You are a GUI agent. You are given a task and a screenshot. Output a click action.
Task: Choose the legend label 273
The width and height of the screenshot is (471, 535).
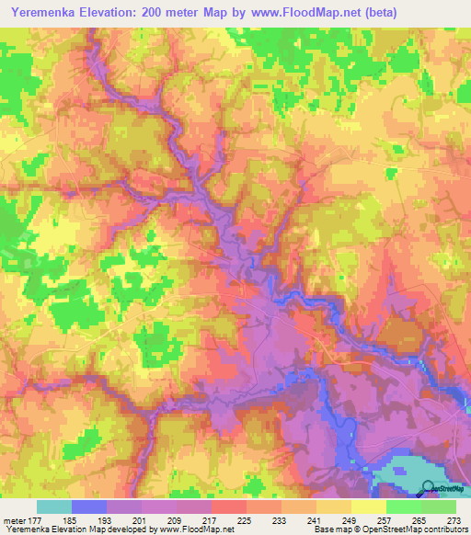click(x=451, y=520)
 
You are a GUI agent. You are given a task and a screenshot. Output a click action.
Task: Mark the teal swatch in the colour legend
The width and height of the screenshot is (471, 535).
click(x=53, y=507)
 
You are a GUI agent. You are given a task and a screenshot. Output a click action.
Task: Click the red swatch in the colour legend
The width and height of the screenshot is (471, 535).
click(x=228, y=507)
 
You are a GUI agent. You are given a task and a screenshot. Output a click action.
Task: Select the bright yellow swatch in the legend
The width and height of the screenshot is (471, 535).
click(x=368, y=507)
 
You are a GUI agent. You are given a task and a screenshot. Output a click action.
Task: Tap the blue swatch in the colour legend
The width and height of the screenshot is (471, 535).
click(x=88, y=507)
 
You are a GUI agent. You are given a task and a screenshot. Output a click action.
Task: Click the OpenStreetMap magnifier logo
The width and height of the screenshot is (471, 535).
click(x=428, y=488)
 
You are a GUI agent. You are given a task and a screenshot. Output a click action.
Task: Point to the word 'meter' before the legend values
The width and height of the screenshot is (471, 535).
click(x=13, y=520)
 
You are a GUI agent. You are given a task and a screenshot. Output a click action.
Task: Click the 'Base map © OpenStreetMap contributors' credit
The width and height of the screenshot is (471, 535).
click(x=388, y=530)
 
